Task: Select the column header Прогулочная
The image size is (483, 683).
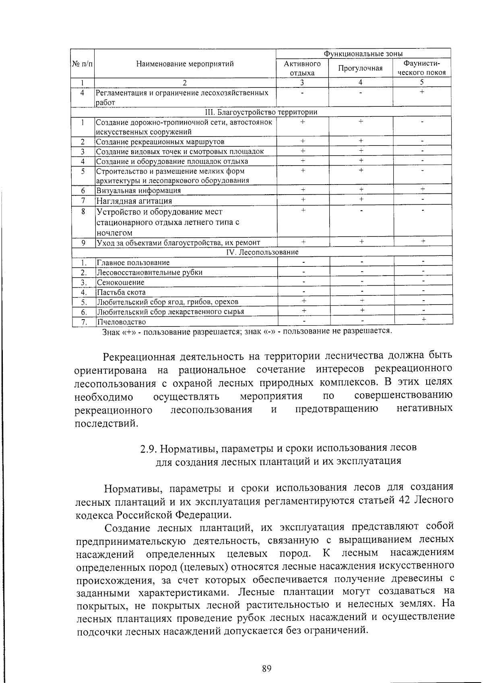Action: point(360,69)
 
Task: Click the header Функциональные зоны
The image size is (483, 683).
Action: point(363,54)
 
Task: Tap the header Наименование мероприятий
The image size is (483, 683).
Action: point(185,64)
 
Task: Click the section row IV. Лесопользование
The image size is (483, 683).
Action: point(262,252)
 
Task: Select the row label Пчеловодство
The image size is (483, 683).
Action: point(121,322)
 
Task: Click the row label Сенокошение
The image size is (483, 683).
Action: point(120,282)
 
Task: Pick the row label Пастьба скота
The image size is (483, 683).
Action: point(121,292)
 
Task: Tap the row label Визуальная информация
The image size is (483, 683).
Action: point(138,191)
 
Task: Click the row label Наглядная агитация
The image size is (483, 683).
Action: point(134,201)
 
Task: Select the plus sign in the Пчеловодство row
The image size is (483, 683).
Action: point(423,319)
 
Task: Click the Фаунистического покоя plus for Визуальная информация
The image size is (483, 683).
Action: point(422,189)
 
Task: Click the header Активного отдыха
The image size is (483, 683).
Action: point(302,69)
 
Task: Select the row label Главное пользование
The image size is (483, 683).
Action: point(133,263)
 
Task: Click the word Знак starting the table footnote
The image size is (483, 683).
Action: point(111,332)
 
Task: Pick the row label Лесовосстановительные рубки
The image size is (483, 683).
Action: point(149,272)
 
